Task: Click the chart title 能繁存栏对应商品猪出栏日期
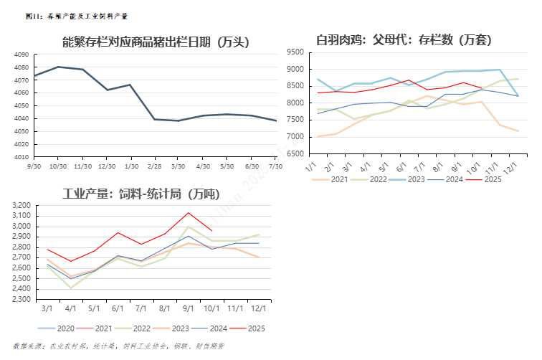coord(156,42)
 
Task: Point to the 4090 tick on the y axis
coord(22,55)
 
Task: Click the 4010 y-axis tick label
coord(22,156)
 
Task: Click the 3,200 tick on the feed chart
coord(22,206)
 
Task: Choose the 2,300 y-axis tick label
coord(22,299)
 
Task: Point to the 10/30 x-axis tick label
coord(57,166)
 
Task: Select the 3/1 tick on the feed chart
coord(47,309)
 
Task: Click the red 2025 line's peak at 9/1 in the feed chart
coord(188,212)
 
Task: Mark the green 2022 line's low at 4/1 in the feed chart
coord(71,288)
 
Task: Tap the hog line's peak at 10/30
coord(57,67)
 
